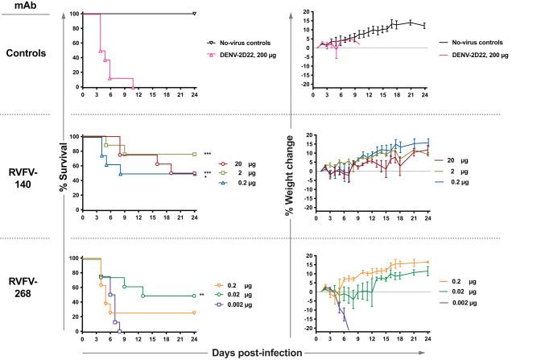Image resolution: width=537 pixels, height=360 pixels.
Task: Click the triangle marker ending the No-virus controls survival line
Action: pyautogui.click(x=194, y=14)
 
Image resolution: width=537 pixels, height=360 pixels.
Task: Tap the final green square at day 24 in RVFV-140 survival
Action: pyautogui.click(x=194, y=154)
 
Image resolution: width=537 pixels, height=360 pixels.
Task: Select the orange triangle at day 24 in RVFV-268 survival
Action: pyautogui.click(x=194, y=313)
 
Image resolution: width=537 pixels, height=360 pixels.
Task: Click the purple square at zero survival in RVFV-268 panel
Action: pyautogui.click(x=119, y=331)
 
